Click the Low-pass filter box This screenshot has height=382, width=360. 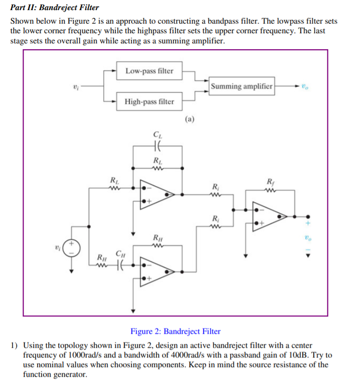click(149, 71)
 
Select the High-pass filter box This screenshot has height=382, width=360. click(149, 102)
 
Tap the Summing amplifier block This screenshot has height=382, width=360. click(242, 86)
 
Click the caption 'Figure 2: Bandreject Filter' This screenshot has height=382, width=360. click(175, 331)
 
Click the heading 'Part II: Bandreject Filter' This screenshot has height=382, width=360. click(55, 8)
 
